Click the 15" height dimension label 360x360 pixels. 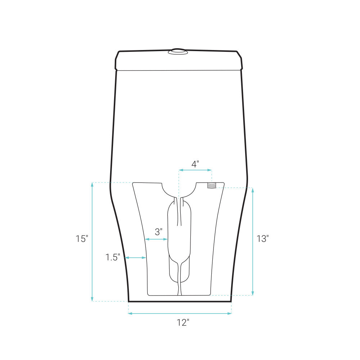[x=82, y=239]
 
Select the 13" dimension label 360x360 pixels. [x=263, y=239]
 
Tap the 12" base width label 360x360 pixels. [x=183, y=323]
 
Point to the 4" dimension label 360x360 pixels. [x=195, y=164]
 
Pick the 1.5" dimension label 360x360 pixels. [x=112, y=257]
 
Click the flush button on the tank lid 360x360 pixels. [x=178, y=51]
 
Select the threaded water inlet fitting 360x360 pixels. [x=211, y=185]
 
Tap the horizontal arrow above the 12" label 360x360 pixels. [x=180, y=314]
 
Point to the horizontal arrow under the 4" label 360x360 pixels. [x=195, y=170]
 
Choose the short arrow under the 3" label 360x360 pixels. [x=156, y=239]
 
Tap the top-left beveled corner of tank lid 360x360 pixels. [x=117, y=55]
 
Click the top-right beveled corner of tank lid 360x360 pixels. [x=239, y=55]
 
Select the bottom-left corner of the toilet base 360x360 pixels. [x=129, y=301]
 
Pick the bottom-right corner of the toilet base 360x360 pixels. [x=231, y=301]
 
